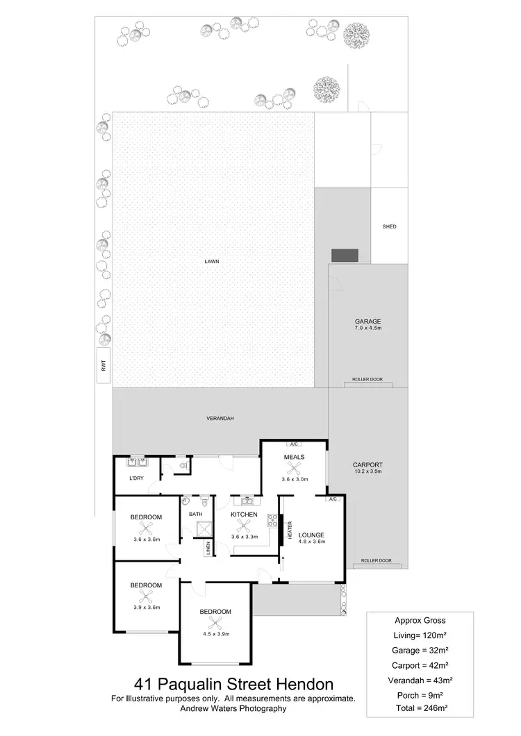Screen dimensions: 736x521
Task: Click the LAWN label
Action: click(213, 261)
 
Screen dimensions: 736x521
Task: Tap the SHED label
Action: click(389, 226)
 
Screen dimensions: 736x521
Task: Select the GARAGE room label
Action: click(367, 321)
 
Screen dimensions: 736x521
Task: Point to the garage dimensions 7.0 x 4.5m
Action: click(367, 330)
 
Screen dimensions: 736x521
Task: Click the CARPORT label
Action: click(367, 465)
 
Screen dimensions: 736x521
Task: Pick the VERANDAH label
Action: click(220, 418)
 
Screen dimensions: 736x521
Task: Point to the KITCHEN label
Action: click(244, 515)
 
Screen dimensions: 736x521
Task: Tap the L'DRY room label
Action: click(136, 478)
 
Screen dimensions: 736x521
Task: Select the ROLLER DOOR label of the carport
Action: click(376, 560)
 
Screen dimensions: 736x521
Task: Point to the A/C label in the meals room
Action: click(293, 444)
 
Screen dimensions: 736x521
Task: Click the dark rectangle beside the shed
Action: click(344, 255)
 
